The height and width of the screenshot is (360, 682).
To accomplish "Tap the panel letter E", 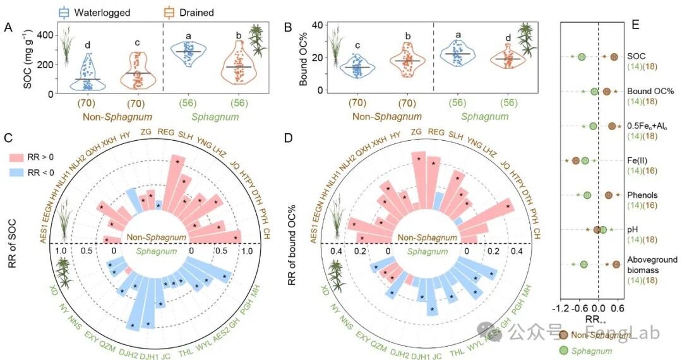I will [635, 25].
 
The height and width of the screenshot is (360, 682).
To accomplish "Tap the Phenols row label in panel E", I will [642, 195].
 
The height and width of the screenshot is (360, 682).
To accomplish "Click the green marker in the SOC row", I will [582, 57].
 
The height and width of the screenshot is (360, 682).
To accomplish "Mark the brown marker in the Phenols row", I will [609, 195].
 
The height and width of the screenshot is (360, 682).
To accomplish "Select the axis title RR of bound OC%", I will [292, 244].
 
